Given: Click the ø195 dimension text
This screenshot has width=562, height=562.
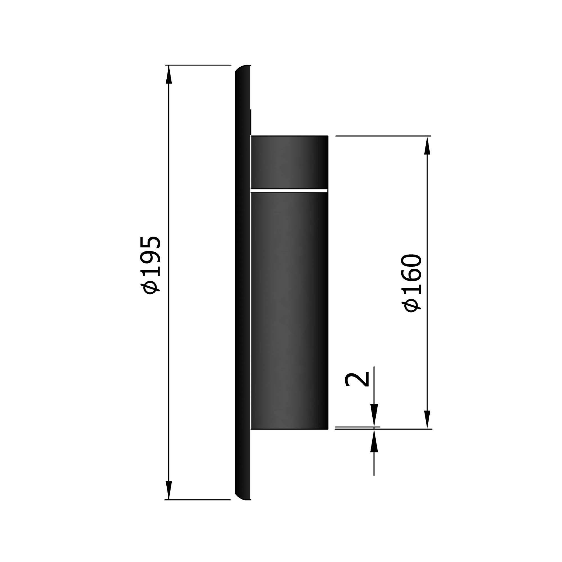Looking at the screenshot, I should [150, 265].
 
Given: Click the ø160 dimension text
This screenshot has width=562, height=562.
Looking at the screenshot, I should [412, 283].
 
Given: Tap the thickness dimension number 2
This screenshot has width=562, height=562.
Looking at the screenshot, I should [357, 380].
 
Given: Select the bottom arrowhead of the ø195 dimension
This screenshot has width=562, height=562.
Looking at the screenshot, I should [169, 490].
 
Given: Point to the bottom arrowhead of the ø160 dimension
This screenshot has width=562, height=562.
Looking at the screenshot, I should [427, 419].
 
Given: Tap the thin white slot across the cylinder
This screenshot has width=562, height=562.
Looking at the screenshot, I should [289, 191].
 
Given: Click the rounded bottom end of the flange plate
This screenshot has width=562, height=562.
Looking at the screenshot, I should [243, 496].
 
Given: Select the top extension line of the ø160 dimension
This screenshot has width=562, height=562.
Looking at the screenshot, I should [382, 136].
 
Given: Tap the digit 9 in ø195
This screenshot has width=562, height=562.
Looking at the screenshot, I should [150, 260].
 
